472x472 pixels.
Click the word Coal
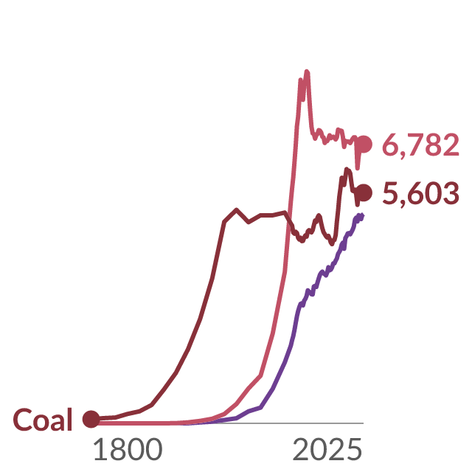43,420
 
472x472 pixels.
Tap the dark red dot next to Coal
91,419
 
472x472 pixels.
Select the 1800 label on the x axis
128,449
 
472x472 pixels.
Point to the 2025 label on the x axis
327,449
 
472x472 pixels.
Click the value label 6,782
421,145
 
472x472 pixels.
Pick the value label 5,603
421,193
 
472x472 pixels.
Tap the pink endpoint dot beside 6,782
364,144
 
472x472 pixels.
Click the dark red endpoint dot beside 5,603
364,192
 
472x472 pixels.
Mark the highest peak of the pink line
307,72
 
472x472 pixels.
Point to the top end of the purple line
363,215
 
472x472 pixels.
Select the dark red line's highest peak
347,169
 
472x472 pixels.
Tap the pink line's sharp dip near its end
357,168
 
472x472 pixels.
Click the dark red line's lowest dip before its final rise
332,244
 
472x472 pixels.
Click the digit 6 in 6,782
392,145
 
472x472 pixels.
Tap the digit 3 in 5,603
451,193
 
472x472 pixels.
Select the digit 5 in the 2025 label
354,450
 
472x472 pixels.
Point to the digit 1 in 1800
101,449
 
